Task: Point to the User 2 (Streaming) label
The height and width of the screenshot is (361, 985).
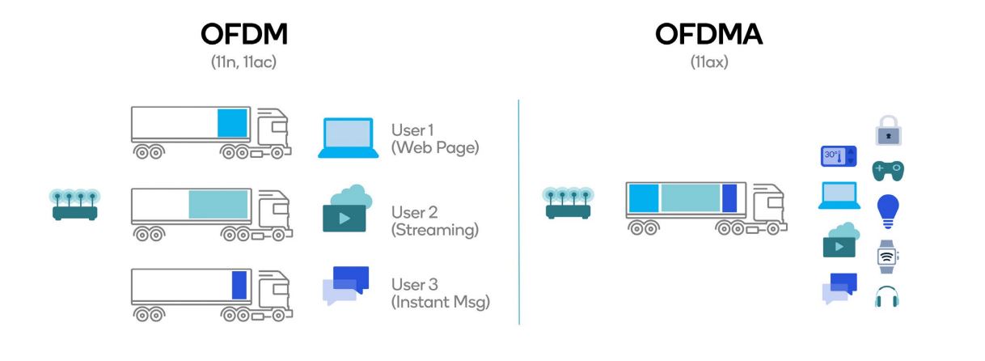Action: [x=434, y=220]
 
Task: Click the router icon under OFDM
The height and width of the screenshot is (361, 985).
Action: [x=74, y=206]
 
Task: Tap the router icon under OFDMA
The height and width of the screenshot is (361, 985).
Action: [x=569, y=206]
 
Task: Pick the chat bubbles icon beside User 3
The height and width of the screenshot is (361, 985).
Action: [x=346, y=285]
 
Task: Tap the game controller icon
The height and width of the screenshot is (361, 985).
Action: [x=888, y=171]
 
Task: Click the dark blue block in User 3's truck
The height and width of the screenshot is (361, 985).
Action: [x=239, y=285]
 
